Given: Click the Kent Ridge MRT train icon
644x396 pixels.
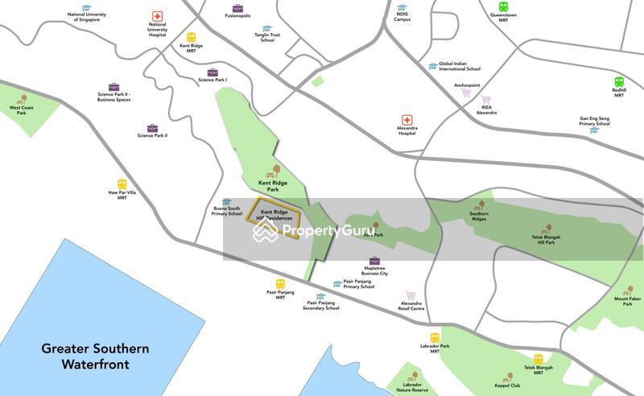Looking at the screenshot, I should click(x=191, y=37).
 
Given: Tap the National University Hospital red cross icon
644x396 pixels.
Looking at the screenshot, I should click(x=157, y=16).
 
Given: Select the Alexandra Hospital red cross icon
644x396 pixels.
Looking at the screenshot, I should click(x=407, y=120).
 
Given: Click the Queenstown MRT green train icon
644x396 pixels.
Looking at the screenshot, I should click(x=503, y=6).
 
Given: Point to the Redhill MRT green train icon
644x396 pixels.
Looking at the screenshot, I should click(x=619, y=81).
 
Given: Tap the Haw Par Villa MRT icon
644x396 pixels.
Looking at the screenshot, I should click(x=122, y=184).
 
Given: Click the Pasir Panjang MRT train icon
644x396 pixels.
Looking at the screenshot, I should click(x=280, y=283).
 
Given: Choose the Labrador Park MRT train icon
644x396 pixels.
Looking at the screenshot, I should click(x=435, y=338).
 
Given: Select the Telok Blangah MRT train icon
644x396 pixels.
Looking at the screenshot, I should click(x=538, y=359).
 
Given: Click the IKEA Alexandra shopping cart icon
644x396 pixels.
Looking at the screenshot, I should click(x=486, y=99).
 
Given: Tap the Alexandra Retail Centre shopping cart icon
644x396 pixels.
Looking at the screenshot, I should click(x=411, y=295).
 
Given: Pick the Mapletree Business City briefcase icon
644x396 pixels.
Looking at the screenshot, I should click(x=374, y=261).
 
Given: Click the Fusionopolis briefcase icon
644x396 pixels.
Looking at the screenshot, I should click(x=237, y=8).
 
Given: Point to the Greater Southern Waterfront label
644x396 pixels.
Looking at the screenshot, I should click(x=95, y=356).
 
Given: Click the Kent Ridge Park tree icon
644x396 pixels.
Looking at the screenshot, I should click(x=277, y=170).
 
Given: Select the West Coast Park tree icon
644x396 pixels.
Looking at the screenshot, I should click(x=23, y=99).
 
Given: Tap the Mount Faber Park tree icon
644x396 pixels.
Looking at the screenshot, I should click(x=628, y=290).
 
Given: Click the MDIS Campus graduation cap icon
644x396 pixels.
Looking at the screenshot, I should click(x=402, y=7).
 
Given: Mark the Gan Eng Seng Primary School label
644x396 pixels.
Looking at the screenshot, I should click(x=594, y=121).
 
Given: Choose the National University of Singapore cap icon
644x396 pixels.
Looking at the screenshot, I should click(x=86, y=7).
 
